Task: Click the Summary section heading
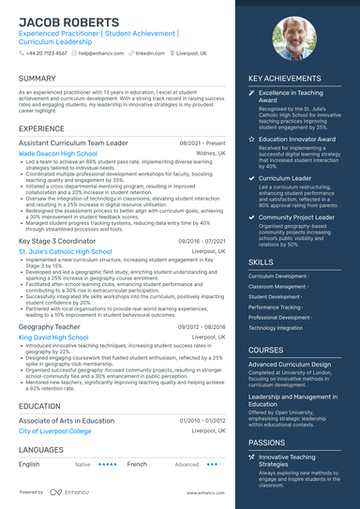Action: [x=37, y=79]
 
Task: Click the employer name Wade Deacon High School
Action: [x=57, y=153]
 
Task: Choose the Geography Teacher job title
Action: [x=48, y=326]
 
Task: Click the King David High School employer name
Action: [x=53, y=337]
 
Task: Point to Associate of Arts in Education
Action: [x=67, y=421]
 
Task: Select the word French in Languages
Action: [x=137, y=464]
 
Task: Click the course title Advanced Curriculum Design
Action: [x=290, y=364]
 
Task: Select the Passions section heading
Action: [x=267, y=442]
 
